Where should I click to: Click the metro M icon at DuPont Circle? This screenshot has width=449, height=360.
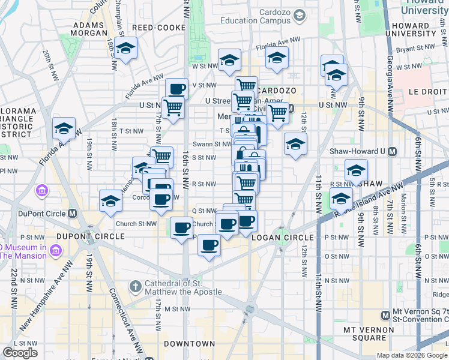pos(72,214)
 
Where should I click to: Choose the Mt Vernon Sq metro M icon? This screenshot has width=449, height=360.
pos(385,315)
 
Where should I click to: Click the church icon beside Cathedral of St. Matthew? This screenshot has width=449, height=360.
pos(134,287)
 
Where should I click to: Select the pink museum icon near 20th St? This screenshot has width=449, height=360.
pos(43,191)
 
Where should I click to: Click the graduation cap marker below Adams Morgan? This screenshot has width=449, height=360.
pos(126,48)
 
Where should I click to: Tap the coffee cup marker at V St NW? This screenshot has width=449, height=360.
pos(176,89)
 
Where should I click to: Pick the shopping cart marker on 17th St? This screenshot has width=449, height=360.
pos(173,108)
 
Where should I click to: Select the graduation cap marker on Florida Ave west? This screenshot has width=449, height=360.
pos(64,128)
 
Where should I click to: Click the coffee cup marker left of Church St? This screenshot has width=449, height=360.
pos(181,227)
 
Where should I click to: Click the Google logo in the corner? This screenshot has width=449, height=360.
pos(19,353)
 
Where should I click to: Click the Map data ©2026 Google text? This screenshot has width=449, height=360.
pos(411,355)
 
